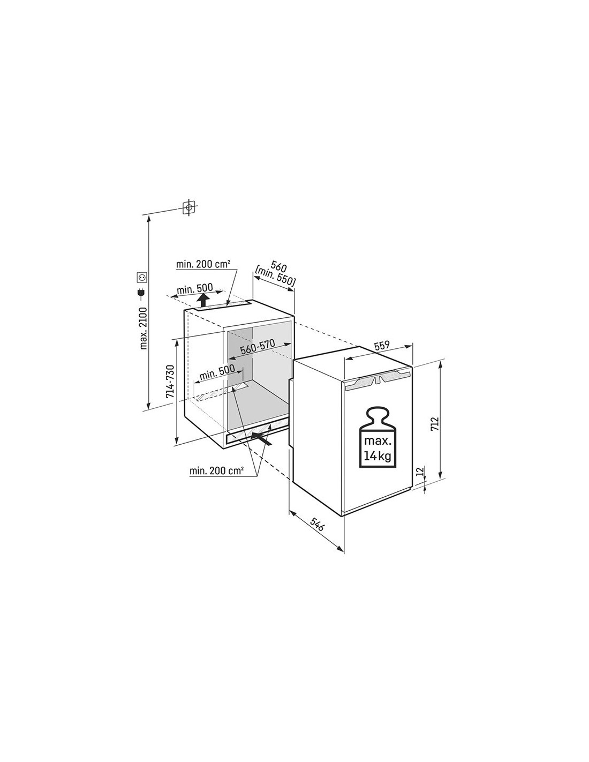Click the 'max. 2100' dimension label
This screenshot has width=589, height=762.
pyautogui.click(x=144, y=328)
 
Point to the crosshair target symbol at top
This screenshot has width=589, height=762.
pyautogui.click(x=188, y=207)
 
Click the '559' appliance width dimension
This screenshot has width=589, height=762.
pyautogui.click(x=381, y=345)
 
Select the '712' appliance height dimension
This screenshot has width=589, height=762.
pyautogui.click(x=435, y=424)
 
